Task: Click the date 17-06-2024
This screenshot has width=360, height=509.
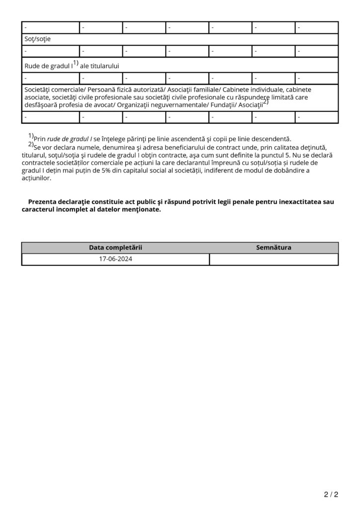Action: pos(115,259)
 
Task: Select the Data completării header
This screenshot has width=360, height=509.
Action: pos(115,248)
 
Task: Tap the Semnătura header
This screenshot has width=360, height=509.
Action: pos(273,248)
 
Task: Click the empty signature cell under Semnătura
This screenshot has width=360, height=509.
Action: pos(273,259)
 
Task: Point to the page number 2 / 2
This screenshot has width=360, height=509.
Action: pos(331,495)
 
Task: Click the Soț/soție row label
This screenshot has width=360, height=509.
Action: pos(37,39)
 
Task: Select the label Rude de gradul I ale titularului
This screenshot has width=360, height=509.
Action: pos(72,65)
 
